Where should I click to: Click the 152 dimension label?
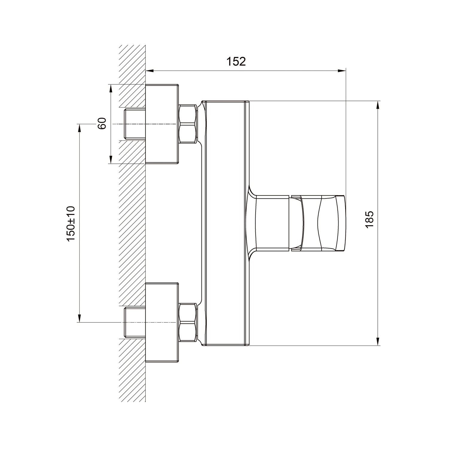[x=236, y=61]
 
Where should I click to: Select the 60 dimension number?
[x=102, y=123]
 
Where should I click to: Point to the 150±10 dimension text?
[x=71, y=224]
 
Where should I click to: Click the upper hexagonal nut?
[x=188, y=124]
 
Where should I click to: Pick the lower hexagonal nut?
[x=188, y=323]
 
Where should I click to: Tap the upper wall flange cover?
[x=162, y=124]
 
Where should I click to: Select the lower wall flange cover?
[x=162, y=322]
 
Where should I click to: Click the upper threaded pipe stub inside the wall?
[x=135, y=124]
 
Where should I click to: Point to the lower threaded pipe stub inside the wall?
[x=135, y=322]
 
